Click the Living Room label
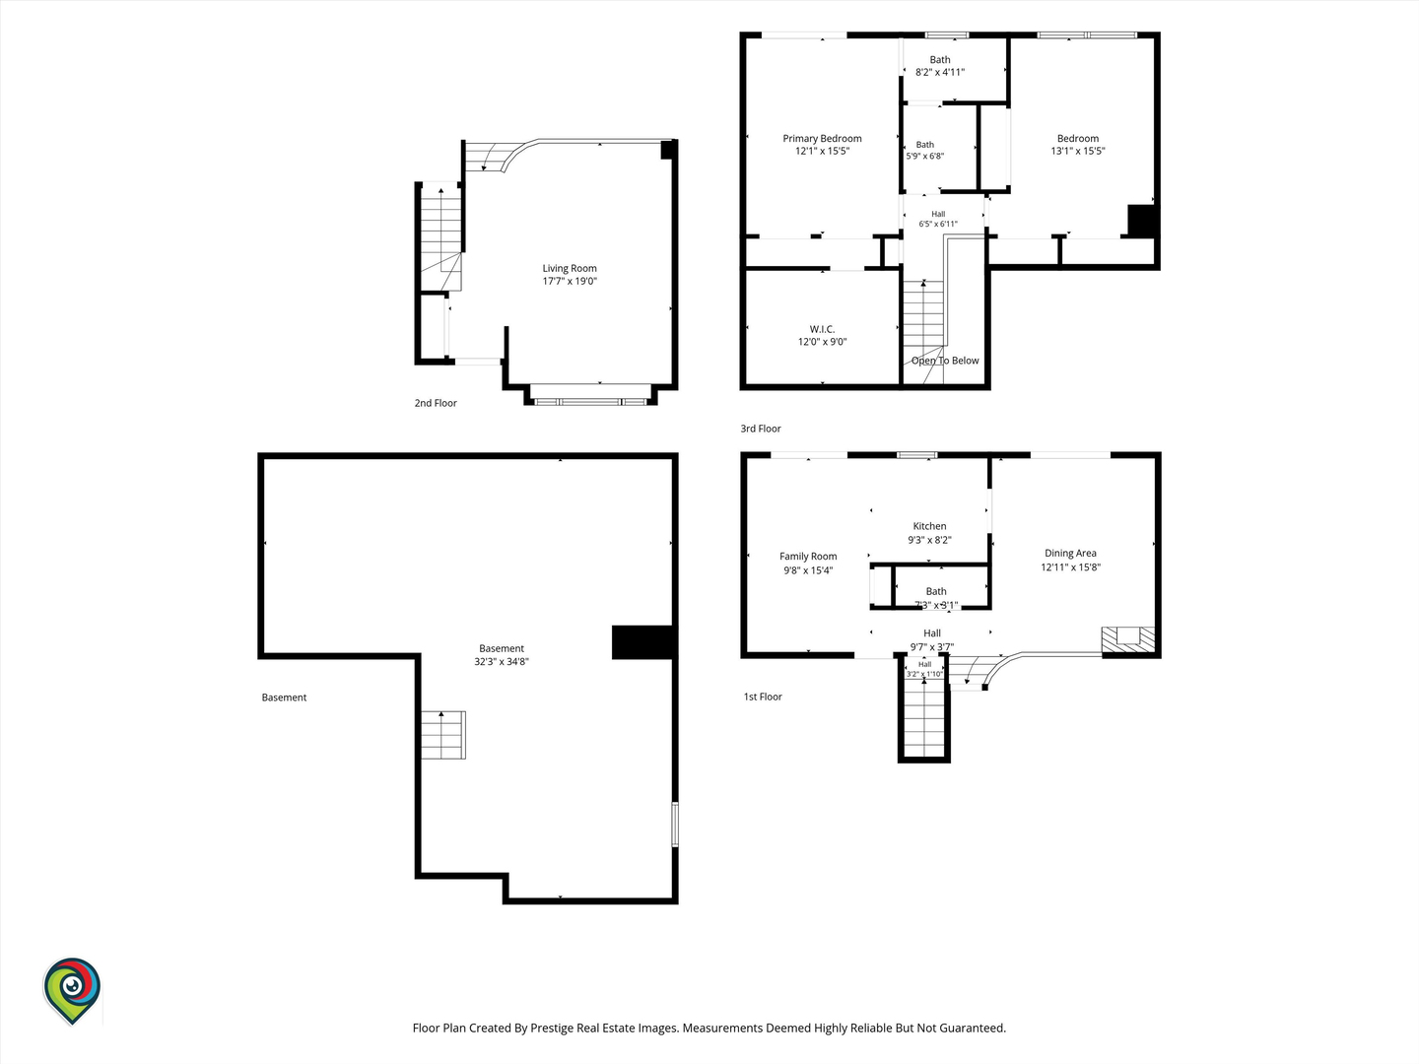coord(570,268)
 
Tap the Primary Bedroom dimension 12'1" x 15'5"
coord(822,151)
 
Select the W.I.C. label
coord(822,329)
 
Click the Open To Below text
coord(945,361)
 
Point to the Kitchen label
coord(929,526)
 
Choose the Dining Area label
coord(1070,553)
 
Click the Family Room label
coord(808,557)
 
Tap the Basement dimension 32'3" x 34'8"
coord(502,661)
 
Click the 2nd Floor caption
coord(436,403)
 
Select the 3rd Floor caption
coord(761,429)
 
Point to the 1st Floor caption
coord(763,697)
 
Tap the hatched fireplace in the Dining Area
coord(1128,639)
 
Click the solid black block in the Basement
coord(643,642)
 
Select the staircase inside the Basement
coord(443,735)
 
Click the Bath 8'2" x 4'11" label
coord(940,66)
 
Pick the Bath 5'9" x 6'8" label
coord(925,150)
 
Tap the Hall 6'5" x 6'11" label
coord(938,219)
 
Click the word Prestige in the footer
coord(553,1029)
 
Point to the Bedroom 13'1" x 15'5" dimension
coord(1078,151)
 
